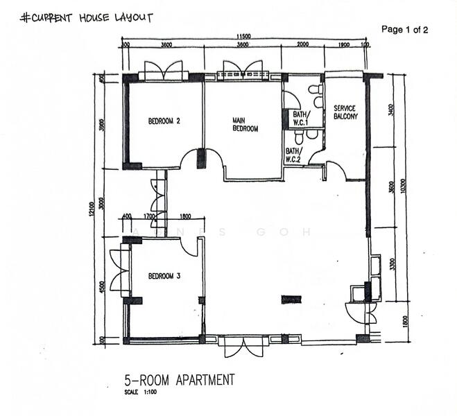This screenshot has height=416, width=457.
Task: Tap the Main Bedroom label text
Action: pos(245,125)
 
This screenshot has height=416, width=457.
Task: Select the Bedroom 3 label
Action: pos(164,276)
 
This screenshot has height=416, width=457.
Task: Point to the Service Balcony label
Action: pos(345,112)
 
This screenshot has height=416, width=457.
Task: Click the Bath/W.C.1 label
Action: pos(300,119)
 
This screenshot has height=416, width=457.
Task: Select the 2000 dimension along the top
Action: pos(302,46)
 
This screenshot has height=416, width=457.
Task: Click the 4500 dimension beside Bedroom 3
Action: pos(102,287)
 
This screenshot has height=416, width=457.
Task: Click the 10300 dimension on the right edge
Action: pos(403,187)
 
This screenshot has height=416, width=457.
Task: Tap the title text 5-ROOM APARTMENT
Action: pos(179,380)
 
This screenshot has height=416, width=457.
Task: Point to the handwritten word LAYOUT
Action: pos(129,17)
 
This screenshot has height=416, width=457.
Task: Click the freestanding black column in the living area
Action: pos(291,300)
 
